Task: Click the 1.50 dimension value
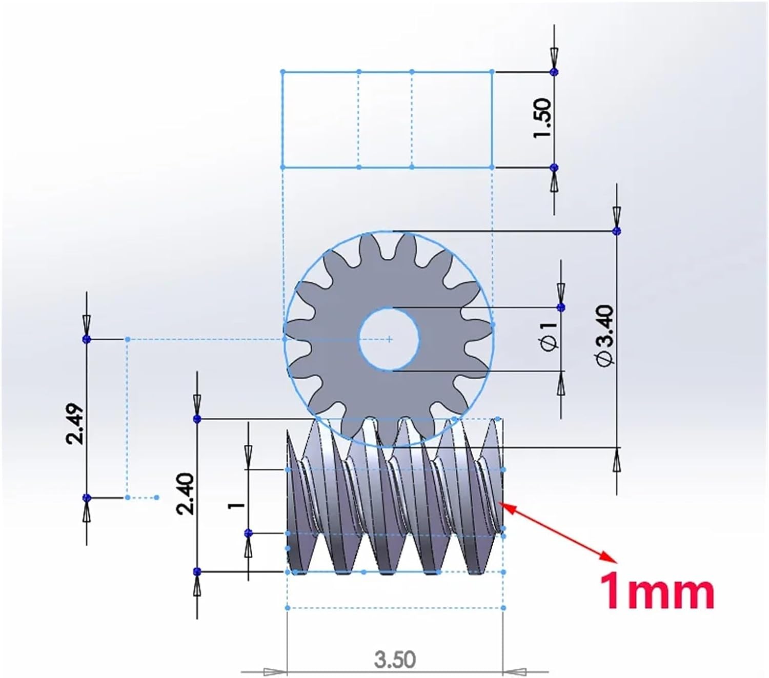[542, 118]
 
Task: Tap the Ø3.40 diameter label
[604, 335]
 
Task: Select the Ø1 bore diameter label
[549, 337]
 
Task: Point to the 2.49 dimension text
[74, 423]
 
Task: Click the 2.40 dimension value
[185, 494]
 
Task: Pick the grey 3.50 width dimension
[395, 660]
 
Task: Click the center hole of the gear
[389, 339]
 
